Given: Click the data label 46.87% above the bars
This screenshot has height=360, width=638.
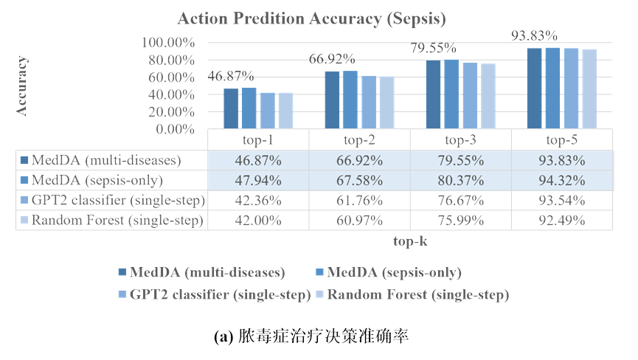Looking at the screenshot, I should (x=230, y=76).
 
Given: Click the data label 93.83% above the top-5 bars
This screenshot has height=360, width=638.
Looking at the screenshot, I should (x=534, y=35).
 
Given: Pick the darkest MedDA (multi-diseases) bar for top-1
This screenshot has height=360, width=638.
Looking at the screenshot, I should (x=231, y=108).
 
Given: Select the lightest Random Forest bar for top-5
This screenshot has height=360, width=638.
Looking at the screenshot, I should (x=589, y=89).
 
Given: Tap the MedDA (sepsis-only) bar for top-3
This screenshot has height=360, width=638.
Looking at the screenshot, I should (x=451, y=94).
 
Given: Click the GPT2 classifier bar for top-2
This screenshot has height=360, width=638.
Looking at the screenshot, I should (x=369, y=102).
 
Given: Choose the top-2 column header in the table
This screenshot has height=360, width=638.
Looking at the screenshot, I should (x=359, y=140).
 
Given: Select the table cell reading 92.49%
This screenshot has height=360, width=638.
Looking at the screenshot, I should (x=561, y=221).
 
